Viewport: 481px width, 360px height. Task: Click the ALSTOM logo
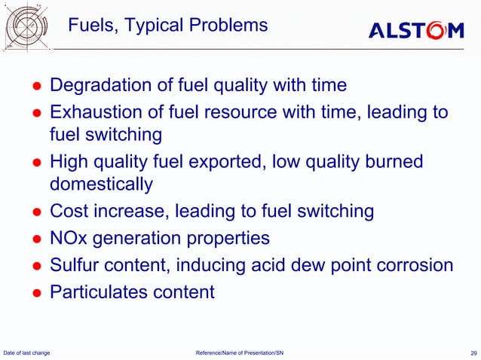point(415,30)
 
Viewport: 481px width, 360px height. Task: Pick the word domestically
point(101,184)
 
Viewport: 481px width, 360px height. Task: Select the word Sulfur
point(75,265)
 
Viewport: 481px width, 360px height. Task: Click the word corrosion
point(413,265)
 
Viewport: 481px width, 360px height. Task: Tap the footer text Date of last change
point(27,352)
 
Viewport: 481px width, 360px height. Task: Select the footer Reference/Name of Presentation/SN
point(240,352)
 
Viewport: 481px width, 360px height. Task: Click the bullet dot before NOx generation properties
point(35,239)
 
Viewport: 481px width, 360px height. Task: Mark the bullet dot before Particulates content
point(35,293)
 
